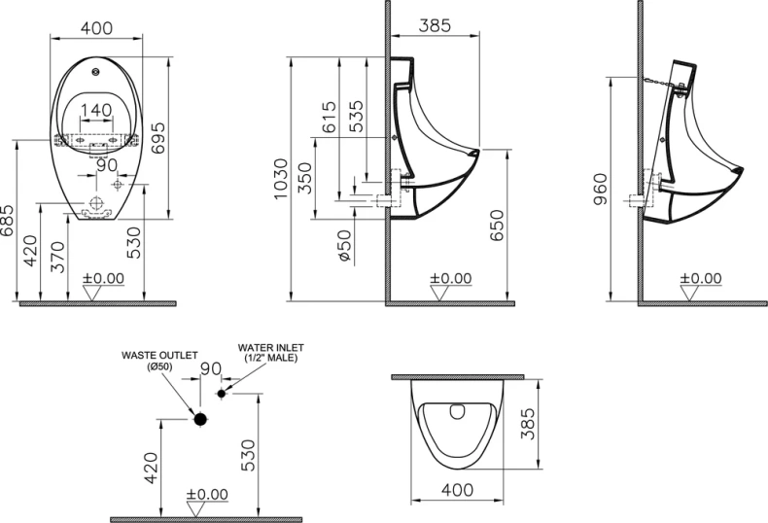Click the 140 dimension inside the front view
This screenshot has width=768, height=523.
click(x=94, y=110)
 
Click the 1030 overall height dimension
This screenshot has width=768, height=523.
click(x=281, y=180)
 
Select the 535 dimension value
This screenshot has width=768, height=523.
click(x=357, y=116)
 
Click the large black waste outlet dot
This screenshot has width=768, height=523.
click(x=201, y=420)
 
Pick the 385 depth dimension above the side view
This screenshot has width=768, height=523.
click(x=435, y=26)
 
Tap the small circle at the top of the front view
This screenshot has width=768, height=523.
click(x=95, y=72)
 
